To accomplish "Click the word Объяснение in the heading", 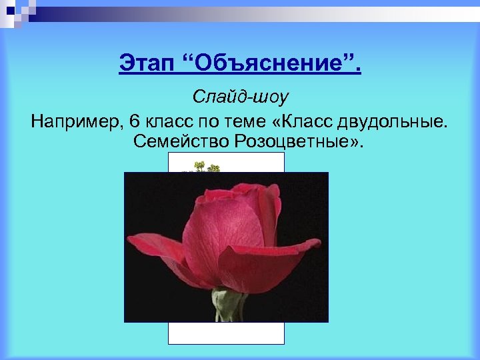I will pyautogui.click(x=270, y=65).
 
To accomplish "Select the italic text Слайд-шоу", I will pyautogui.click(x=240, y=97).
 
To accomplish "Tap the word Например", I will pyautogui.click(x=75, y=122).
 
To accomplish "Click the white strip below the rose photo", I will pyautogui.click(x=226, y=333).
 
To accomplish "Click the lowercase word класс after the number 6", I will pyautogui.click(x=167, y=122).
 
